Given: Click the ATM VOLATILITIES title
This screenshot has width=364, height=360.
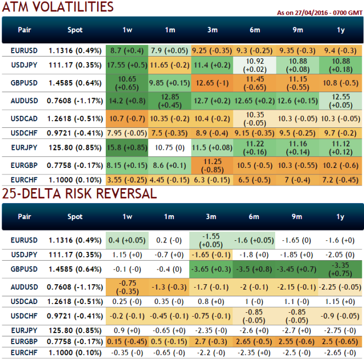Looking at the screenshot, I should coord(58,7).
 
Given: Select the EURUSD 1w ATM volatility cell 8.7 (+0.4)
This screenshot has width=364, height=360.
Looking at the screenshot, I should coord(127,50).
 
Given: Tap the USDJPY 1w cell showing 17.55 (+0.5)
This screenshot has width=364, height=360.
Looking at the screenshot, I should coord(127,65).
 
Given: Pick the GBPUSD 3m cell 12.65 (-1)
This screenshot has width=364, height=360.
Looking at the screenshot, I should coord(212,83).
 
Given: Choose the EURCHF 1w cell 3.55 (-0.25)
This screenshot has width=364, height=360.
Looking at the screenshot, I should coord(127,179).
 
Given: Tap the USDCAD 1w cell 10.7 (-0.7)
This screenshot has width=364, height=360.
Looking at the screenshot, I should coord(127,119).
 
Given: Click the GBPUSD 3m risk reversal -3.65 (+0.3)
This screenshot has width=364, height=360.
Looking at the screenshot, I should coord(212,269).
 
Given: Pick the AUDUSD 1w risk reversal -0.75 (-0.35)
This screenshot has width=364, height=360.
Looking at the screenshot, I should coord(127,287).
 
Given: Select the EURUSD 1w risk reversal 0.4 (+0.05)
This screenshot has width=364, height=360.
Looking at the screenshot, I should coord(127,239).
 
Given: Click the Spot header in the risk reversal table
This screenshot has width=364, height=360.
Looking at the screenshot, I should coord(75,217).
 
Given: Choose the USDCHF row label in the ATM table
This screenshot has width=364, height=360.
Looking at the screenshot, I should coord(24,133).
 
